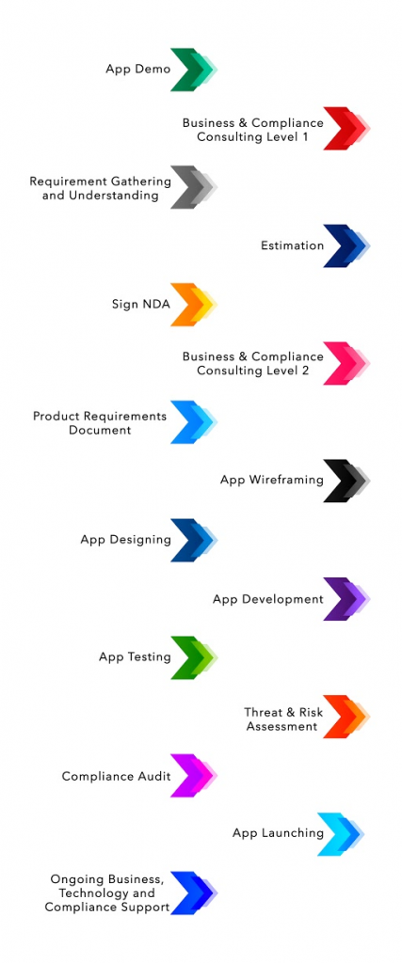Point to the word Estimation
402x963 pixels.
click(x=292, y=245)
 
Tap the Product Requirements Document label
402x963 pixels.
click(x=100, y=422)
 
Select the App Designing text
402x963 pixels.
click(x=125, y=540)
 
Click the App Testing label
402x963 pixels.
click(x=135, y=657)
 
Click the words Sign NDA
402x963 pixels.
click(x=141, y=305)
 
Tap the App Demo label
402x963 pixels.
click(x=138, y=70)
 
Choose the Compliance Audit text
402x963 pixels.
click(x=116, y=776)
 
